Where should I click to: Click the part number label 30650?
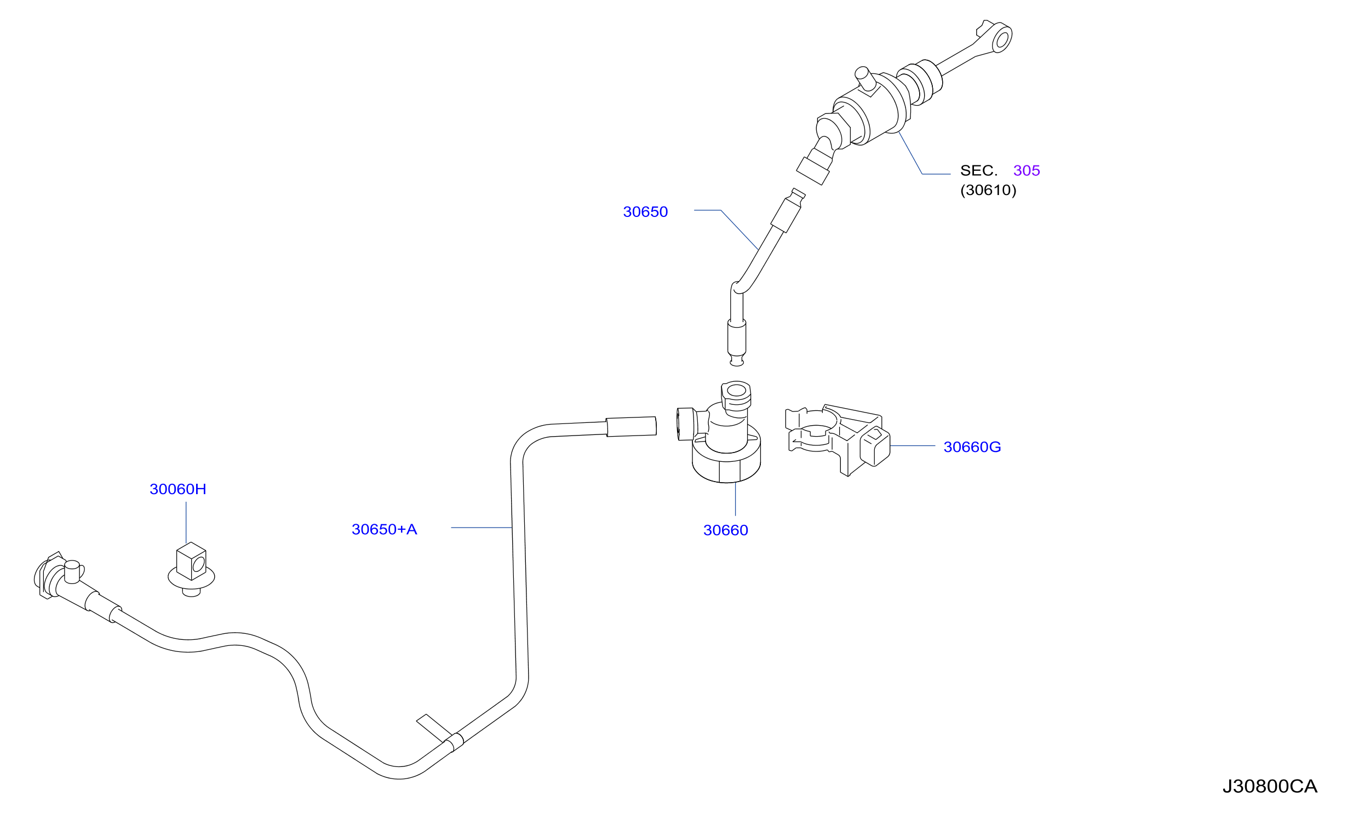(645, 212)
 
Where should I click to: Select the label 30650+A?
(384, 530)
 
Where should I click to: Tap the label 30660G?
(972, 447)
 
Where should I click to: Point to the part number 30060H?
(178, 489)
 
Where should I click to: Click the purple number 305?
(1027, 170)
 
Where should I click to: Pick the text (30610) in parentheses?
(988, 190)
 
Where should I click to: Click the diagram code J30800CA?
(1270, 787)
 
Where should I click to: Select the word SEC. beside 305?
(979, 170)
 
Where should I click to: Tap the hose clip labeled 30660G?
(838, 440)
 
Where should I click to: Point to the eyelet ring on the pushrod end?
(1002, 39)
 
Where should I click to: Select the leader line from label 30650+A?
(481, 528)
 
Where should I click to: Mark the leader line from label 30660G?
(913, 446)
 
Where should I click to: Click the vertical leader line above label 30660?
(735, 499)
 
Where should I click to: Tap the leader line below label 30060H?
(186, 523)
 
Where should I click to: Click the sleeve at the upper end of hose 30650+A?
(631, 427)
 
